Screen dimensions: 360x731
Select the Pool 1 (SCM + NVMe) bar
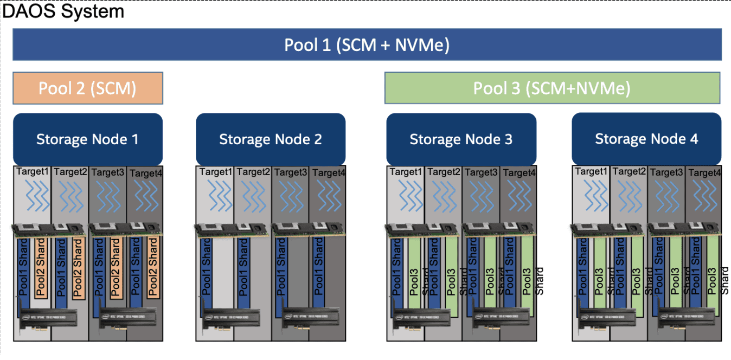tap(367, 44)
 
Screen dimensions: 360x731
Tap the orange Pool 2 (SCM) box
tap(87, 88)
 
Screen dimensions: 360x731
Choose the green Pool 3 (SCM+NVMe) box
tap(552, 88)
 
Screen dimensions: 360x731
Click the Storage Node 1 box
tap(87, 139)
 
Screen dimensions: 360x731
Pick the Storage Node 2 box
tap(270, 139)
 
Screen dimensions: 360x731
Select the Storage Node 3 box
tap(461, 139)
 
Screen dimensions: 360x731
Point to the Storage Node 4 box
tap(646, 139)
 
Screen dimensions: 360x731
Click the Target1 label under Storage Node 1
tap(32, 172)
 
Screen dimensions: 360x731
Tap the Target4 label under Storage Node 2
tap(328, 173)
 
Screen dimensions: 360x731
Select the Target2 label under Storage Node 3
tap(443, 172)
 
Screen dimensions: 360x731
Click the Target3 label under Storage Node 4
tap(666, 173)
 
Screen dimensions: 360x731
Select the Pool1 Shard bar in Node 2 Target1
tap(206, 268)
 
